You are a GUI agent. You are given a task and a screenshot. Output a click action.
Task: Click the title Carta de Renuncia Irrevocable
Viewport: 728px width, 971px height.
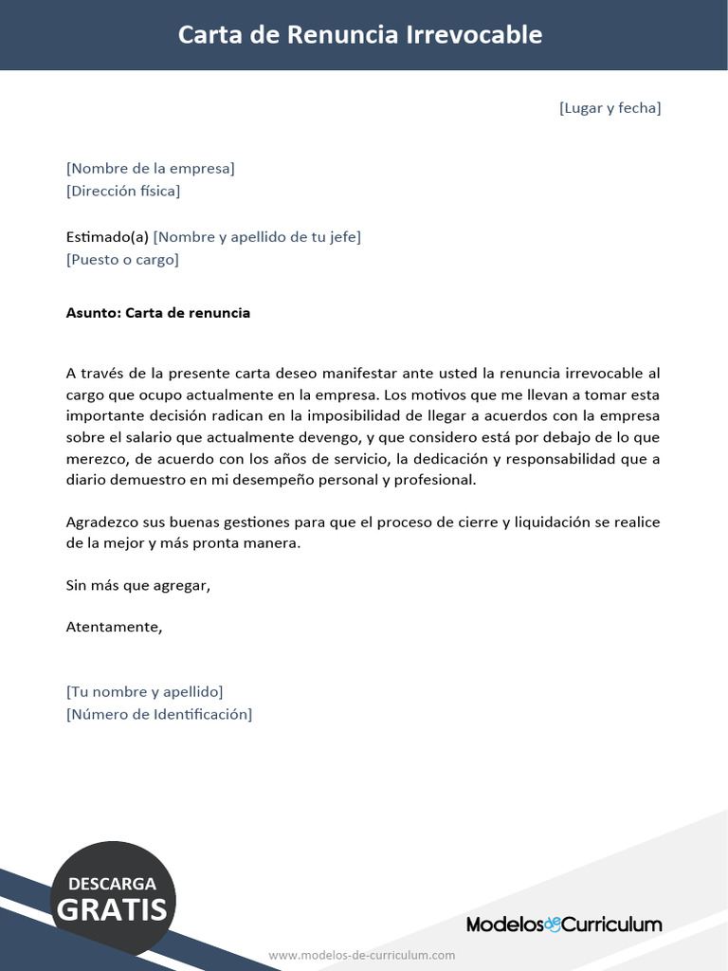point(360,35)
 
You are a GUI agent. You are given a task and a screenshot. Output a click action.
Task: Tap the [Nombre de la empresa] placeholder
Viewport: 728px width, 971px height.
point(150,169)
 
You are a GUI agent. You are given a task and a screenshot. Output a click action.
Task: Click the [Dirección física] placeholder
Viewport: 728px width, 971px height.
point(123,191)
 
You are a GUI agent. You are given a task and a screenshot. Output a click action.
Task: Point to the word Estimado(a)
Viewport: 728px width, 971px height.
point(107,237)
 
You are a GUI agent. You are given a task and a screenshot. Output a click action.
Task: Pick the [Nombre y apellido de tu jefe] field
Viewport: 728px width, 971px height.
point(257,237)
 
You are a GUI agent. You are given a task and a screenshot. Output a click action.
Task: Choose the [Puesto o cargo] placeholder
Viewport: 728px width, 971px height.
point(122,259)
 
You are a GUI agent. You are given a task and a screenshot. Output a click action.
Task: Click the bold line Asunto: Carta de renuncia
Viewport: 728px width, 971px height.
point(158,313)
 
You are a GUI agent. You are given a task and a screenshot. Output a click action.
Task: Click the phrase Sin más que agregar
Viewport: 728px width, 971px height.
point(137,585)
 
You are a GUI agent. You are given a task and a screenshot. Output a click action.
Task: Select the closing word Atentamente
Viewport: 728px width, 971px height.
point(114,627)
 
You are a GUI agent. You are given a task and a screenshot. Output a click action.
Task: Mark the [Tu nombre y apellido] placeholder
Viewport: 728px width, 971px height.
point(144,691)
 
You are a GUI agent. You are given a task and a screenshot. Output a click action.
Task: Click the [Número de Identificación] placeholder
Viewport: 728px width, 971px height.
point(159,714)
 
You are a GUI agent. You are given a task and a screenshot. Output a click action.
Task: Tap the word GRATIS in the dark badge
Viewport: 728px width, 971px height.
point(112,910)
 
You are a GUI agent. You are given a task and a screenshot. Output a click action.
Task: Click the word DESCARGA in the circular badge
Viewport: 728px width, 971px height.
point(112,884)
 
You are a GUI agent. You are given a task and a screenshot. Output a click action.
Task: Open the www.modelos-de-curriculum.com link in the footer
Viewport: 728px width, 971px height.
point(362,955)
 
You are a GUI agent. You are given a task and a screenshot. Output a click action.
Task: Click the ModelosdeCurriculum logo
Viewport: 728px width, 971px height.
point(564,924)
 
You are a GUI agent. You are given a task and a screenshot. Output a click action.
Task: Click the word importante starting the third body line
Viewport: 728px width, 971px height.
point(104,417)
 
